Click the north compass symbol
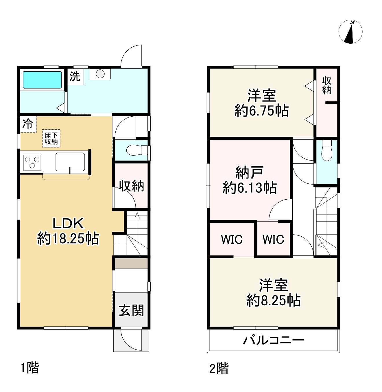(350, 32)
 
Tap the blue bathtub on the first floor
(42, 80)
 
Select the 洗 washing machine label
(75, 76)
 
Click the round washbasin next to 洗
(100, 74)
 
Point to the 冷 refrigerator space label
(28, 124)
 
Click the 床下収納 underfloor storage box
(51, 139)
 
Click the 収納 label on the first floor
(131, 186)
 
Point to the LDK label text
(68, 223)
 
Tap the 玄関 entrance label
(131, 311)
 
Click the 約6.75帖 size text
(261, 111)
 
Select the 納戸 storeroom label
(249, 173)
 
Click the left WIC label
(232, 240)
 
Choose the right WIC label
(273, 240)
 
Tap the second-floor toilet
(327, 150)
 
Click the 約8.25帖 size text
(273, 301)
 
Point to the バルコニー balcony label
(273, 340)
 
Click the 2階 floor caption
(219, 369)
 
